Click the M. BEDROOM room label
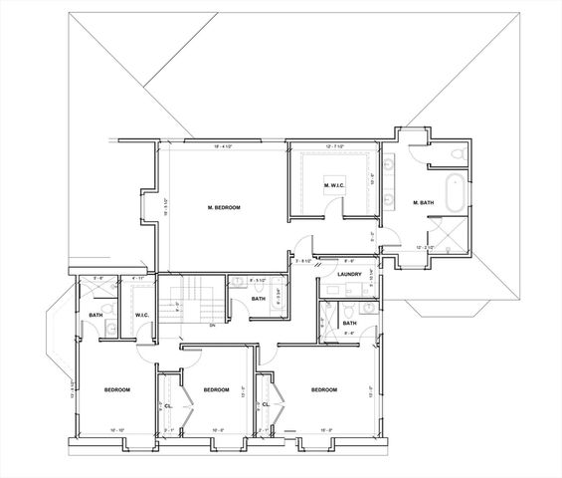coord(224,207)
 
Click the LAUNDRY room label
coord(348,274)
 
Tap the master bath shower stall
coord(454,237)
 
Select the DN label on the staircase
coord(212,325)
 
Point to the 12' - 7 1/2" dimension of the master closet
coord(332,147)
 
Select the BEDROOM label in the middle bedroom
coord(216,389)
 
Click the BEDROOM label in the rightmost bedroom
coord(323,389)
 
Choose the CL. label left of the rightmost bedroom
coord(266,405)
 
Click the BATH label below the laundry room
coord(349,324)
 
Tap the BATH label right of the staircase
coord(257,299)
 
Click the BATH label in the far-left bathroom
coord(95,317)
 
